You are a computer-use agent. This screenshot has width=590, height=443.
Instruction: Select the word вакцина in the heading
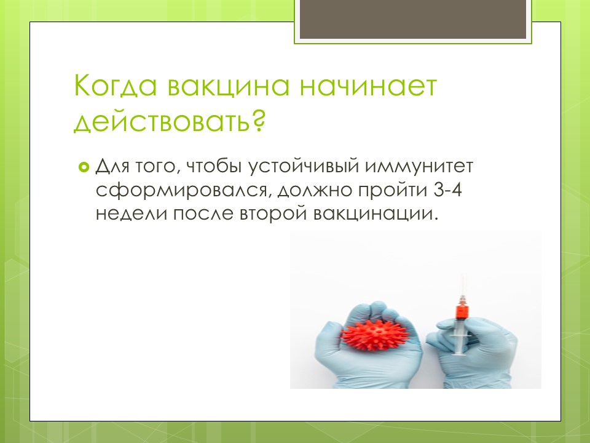(229, 86)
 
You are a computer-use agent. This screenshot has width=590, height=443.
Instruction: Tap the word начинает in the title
(368, 86)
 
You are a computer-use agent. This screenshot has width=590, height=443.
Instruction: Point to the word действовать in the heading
(162, 121)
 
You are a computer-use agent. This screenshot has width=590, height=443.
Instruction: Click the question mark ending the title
(259, 120)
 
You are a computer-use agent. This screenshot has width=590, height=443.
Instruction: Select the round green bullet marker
(84, 166)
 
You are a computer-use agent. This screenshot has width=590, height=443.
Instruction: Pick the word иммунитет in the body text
(419, 166)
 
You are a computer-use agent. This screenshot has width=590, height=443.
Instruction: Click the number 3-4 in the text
(448, 190)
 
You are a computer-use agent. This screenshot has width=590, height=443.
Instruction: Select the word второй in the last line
(274, 214)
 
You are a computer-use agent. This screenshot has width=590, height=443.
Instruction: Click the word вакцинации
(376, 214)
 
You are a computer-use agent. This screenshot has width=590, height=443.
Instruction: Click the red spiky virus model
(374, 333)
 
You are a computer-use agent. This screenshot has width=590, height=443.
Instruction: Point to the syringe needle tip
(462, 276)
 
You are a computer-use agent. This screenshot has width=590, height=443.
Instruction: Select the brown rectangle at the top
(413, 19)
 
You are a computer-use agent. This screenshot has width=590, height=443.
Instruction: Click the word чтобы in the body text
(214, 166)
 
